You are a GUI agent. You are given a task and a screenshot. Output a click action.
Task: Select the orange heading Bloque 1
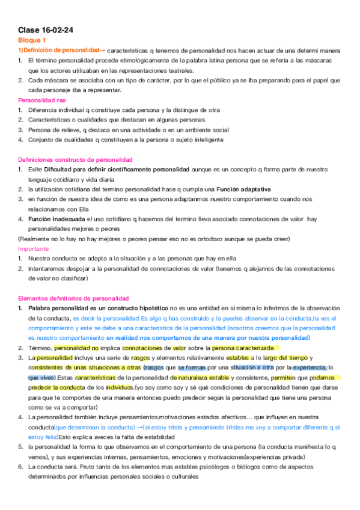coord(32,40)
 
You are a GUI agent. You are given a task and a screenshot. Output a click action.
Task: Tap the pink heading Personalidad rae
coord(42,100)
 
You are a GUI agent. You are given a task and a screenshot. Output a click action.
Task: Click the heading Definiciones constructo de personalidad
coord(75,159)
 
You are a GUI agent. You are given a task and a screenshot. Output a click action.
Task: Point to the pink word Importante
coord(34,248)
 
